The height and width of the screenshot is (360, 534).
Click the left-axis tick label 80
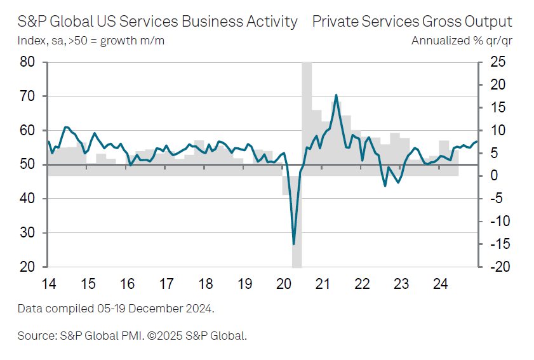click(27, 62)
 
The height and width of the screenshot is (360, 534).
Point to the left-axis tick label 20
click(27, 267)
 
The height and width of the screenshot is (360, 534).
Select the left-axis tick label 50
click(27, 165)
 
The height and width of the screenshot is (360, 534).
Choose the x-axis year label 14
click(49, 283)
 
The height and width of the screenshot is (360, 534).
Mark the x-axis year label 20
click(284, 283)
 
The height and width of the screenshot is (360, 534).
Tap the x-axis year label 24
click(440, 283)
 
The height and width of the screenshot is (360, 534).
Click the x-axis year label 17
click(166, 283)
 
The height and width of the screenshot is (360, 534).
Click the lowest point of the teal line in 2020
click(293, 244)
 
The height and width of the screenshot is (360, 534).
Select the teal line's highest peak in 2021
click(335, 95)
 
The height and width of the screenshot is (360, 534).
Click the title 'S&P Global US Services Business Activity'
click(157, 22)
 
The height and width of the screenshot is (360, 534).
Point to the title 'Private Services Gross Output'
click(412, 22)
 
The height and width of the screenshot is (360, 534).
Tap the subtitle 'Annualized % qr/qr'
click(462, 41)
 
